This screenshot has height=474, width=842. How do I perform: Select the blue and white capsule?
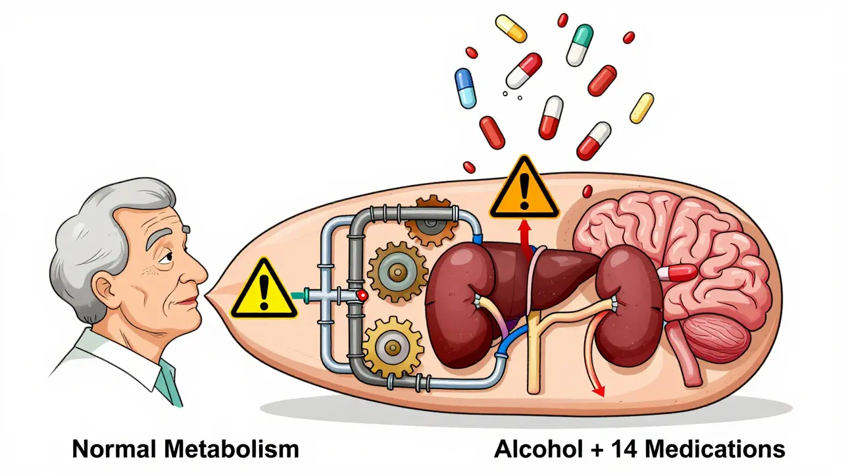(x=466, y=88)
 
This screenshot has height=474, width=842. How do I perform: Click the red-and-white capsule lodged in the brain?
(x=678, y=273)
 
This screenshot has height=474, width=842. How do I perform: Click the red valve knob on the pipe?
(x=362, y=297)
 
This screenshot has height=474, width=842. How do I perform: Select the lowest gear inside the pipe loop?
(x=393, y=346)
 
